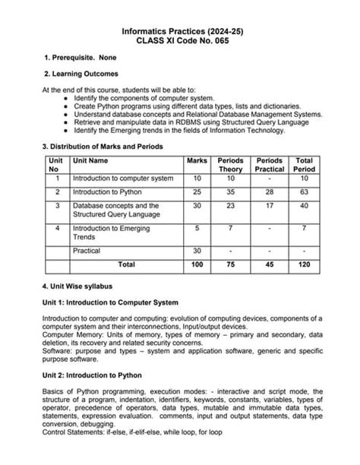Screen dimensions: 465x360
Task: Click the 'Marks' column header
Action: point(197,161)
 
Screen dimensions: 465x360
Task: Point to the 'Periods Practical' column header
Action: point(270,165)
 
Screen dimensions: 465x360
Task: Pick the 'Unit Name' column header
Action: point(90,161)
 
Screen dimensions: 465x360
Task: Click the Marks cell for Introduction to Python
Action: point(197,192)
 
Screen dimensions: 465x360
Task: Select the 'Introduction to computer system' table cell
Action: point(123,178)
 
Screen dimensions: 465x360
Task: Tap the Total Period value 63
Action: point(304,192)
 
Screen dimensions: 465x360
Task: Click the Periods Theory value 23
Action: point(231,206)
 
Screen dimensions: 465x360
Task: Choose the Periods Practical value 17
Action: point(270,206)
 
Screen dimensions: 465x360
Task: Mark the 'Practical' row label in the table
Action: point(87,250)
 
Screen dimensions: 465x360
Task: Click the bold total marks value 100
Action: point(197,264)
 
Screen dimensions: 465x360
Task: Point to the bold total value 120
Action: point(304,264)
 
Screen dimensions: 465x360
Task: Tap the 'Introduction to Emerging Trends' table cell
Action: point(111,232)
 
